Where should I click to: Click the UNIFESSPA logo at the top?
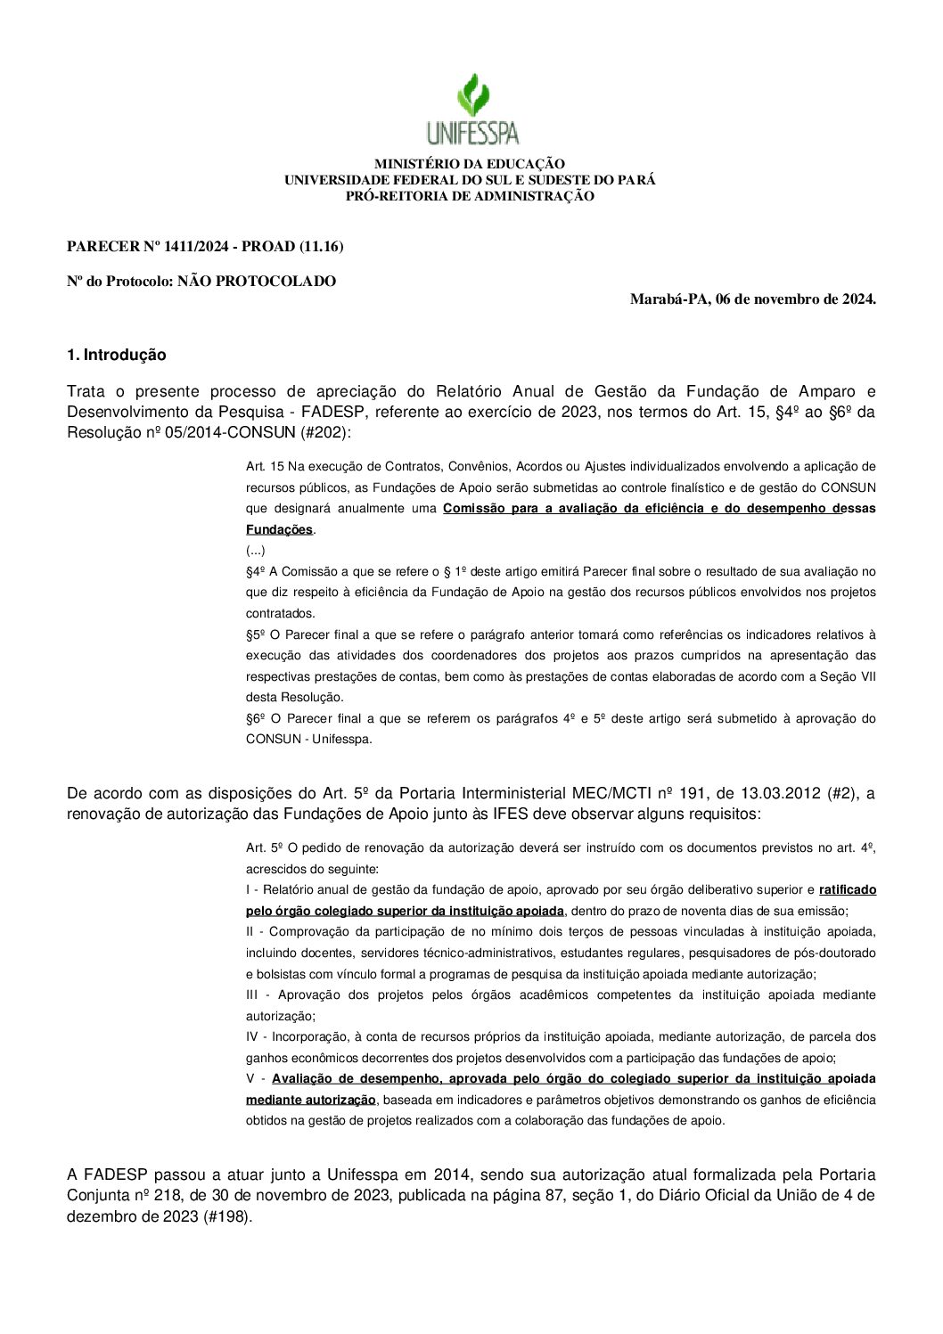click(x=471, y=110)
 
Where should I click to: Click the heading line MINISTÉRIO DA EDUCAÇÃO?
click(x=469, y=164)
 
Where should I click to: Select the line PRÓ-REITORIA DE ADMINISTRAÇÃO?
click(x=469, y=196)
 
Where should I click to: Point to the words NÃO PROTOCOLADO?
click(x=257, y=282)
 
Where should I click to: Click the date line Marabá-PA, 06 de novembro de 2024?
click(x=752, y=299)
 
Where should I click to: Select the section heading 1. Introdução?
click(x=116, y=355)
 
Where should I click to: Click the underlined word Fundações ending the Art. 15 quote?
click(x=279, y=529)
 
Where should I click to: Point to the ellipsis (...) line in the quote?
click(x=255, y=551)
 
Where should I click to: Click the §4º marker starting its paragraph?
click(x=256, y=571)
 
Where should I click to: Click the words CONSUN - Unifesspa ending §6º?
click(x=308, y=739)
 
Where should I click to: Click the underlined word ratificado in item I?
click(x=847, y=889)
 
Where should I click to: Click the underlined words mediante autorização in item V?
click(x=310, y=1100)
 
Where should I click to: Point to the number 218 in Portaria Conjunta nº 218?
click(x=167, y=1195)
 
